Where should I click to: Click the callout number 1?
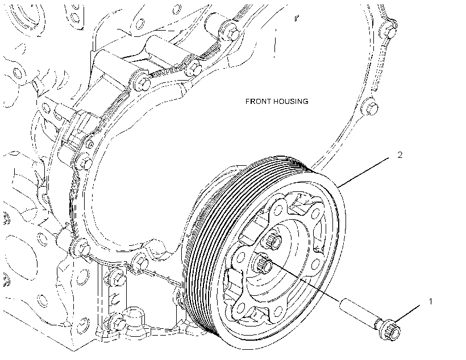[x=431, y=302]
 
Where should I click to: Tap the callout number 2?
[x=400, y=155]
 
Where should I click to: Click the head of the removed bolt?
[x=390, y=329]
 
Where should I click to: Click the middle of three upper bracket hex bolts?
[x=193, y=68]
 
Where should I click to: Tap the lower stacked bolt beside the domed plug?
[x=115, y=321]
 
